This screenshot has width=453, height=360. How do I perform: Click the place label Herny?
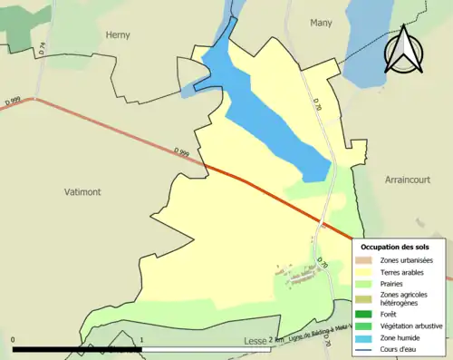[118, 35]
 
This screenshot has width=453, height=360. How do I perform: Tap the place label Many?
[321, 23]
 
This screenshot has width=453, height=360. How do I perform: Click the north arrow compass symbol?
[405, 51]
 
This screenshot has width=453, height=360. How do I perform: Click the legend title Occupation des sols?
[395, 247]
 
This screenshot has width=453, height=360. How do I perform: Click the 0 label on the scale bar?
[14, 341]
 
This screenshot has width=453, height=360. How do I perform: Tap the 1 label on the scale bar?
[141, 341]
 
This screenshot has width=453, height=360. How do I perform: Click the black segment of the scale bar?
[77, 349]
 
